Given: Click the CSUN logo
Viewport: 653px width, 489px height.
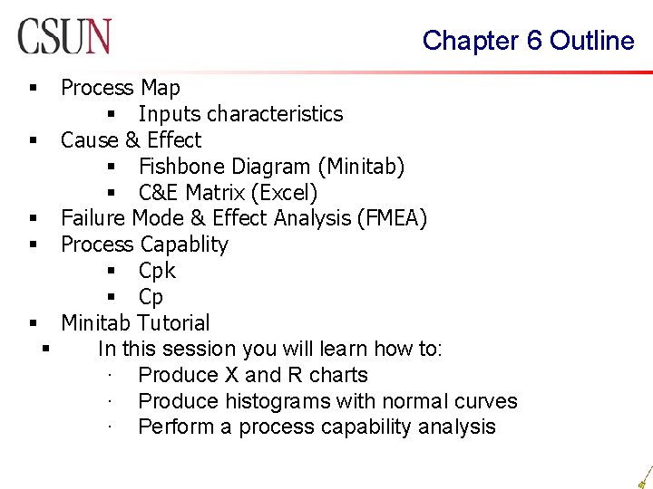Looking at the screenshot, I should (63, 36).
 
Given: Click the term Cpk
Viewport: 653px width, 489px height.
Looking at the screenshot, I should (157, 271).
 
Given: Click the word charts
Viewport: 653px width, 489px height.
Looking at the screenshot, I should (338, 375).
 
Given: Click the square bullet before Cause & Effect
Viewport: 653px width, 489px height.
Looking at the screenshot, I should (33, 141).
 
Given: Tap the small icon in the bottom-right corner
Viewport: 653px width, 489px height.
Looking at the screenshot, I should (644, 475).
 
